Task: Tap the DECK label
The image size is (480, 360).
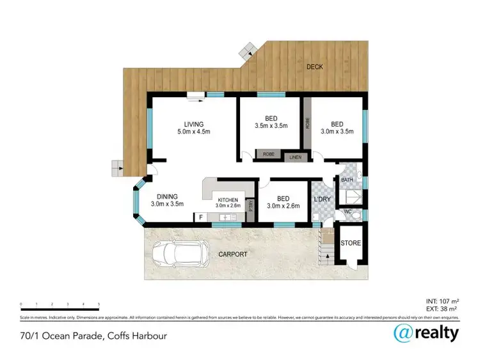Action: [x=314, y=67]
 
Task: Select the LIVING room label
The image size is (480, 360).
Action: [x=193, y=124]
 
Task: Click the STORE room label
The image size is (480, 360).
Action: [x=350, y=244]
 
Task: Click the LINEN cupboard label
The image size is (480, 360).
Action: [x=294, y=157]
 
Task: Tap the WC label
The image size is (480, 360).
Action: [x=348, y=211]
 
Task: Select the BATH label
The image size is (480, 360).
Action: [x=346, y=180]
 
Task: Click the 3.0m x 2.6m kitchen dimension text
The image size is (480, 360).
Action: [x=227, y=206]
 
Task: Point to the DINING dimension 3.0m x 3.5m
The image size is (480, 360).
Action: [x=167, y=205]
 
